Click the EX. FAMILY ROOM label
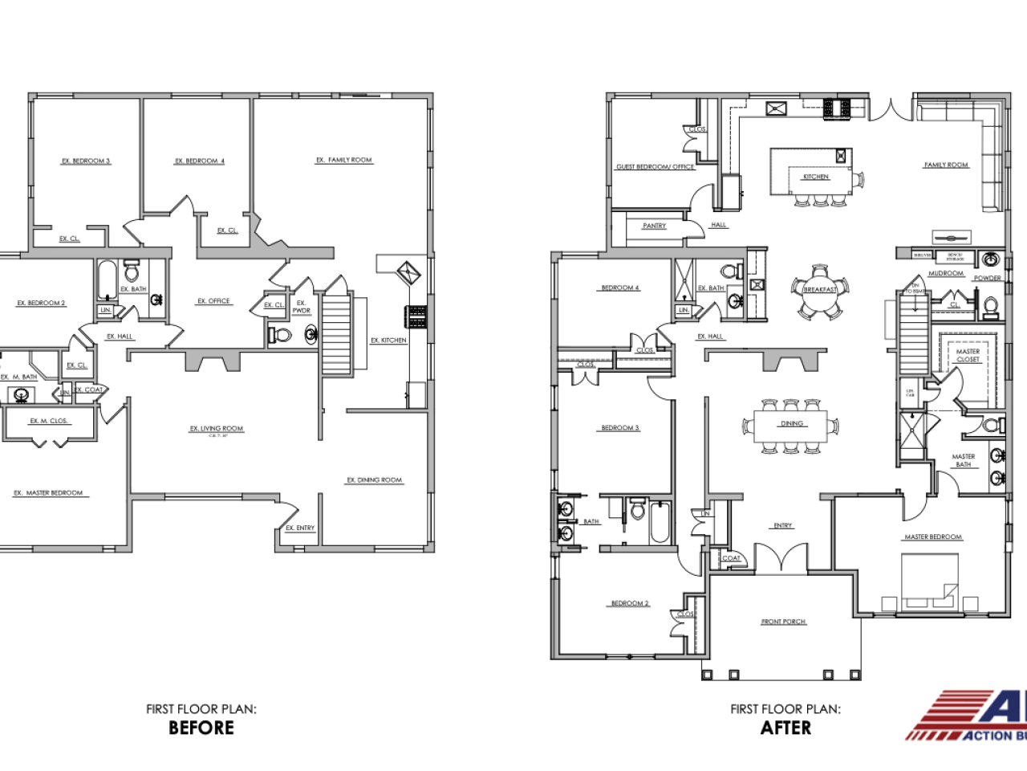pos(344,160)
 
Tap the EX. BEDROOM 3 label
pos(86,161)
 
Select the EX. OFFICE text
pos(213,301)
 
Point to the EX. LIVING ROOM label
pos(217,429)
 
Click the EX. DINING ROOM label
pos(375,480)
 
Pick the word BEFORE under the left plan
pos(201,728)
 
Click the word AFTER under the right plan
pos(785,728)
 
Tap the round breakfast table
pos(820,290)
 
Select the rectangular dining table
pos(792,426)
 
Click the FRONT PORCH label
pos(783,622)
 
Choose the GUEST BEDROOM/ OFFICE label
pos(655,167)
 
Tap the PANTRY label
pos(654,226)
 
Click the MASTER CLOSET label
pos(968,355)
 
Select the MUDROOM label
pos(946,273)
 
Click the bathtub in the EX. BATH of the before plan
pos(107,280)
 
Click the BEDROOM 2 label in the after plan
pos(630,603)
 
